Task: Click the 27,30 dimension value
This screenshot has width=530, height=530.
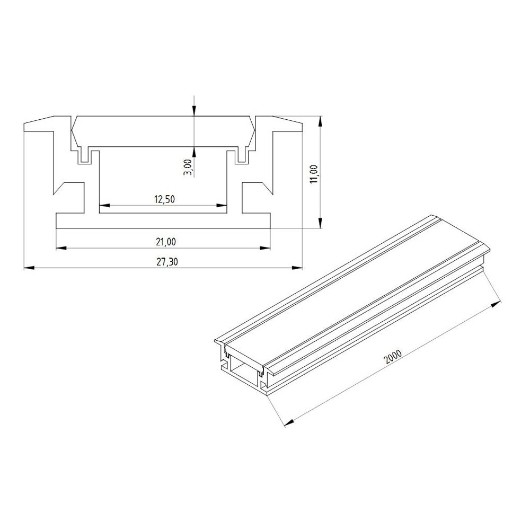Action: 166,262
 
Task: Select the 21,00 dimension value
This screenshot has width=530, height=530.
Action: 165,242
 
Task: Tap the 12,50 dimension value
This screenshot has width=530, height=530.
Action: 165,199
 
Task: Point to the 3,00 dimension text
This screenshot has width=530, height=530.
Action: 189,167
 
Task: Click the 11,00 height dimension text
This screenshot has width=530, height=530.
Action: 314,174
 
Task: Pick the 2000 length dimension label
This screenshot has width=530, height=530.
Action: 393,357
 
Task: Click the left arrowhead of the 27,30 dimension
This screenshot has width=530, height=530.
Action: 29,268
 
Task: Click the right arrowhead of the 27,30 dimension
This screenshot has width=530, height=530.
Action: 297,268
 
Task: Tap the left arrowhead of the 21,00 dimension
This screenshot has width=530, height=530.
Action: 61,248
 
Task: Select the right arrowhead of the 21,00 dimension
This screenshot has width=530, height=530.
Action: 266,248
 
